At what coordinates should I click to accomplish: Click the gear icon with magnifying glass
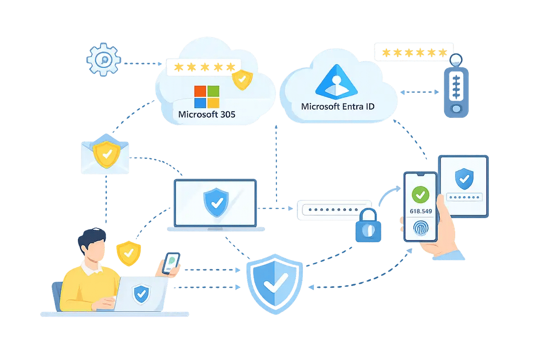[104, 60]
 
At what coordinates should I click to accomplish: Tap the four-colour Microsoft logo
[207, 97]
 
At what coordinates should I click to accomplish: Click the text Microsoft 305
[207, 114]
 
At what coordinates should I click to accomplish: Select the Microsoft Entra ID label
[338, 106]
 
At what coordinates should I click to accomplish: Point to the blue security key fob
[456, 86]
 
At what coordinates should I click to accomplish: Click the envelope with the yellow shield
[105, 154]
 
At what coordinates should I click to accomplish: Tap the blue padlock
[368, 225]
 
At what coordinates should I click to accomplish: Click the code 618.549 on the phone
[421, 211]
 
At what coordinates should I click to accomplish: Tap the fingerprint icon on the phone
[421, 228]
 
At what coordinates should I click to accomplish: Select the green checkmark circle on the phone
[421, 195]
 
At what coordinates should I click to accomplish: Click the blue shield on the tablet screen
[464, 179]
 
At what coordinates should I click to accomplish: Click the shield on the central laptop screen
[216, 202]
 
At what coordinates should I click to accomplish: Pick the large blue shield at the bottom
[275, 284]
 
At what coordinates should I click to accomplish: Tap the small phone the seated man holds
[171, 263]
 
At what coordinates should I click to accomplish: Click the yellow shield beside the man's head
[128, 253]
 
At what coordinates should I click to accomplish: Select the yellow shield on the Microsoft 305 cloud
[243, 80]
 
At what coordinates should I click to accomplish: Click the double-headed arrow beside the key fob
[420, 92]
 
